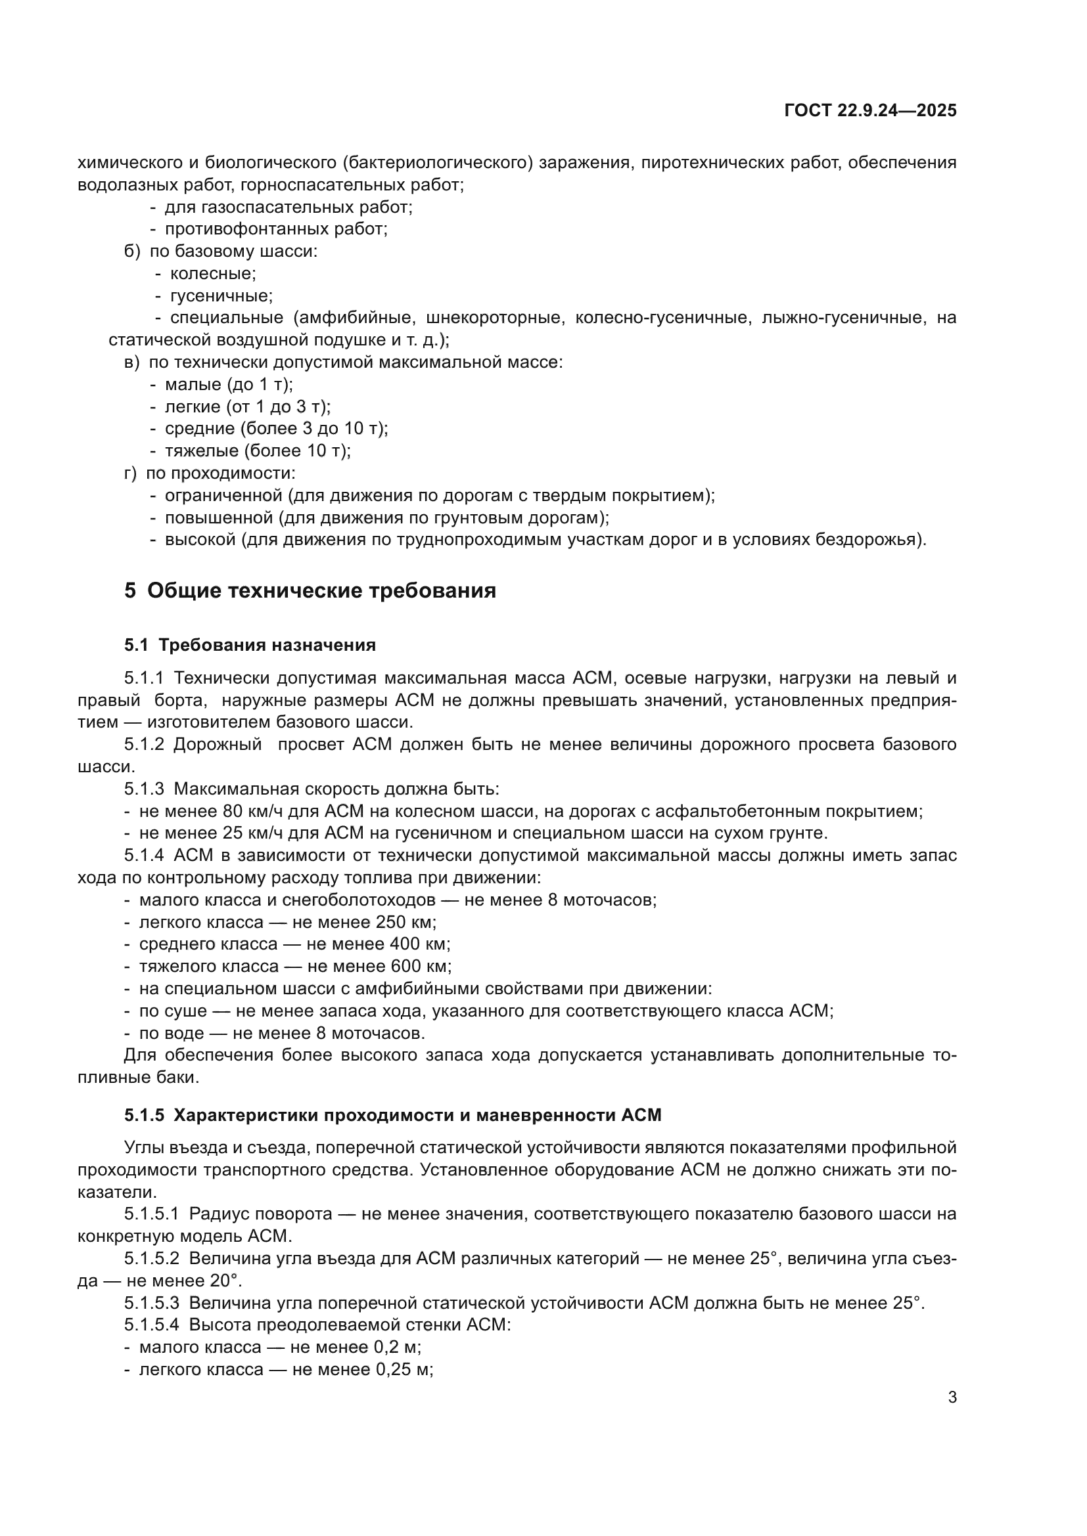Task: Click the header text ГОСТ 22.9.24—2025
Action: tap(869, 110)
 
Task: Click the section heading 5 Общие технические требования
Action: tap(310, 590)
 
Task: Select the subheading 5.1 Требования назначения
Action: tap(250, 645)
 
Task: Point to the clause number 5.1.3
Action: tap(143, 789)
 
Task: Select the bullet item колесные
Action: tap(212, 273)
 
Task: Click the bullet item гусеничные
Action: tap(220, 295)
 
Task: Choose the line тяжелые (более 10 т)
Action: tap(257, 450)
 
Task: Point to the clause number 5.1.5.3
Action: tap(151, 1302)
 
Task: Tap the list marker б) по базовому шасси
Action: tap(133, 251)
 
